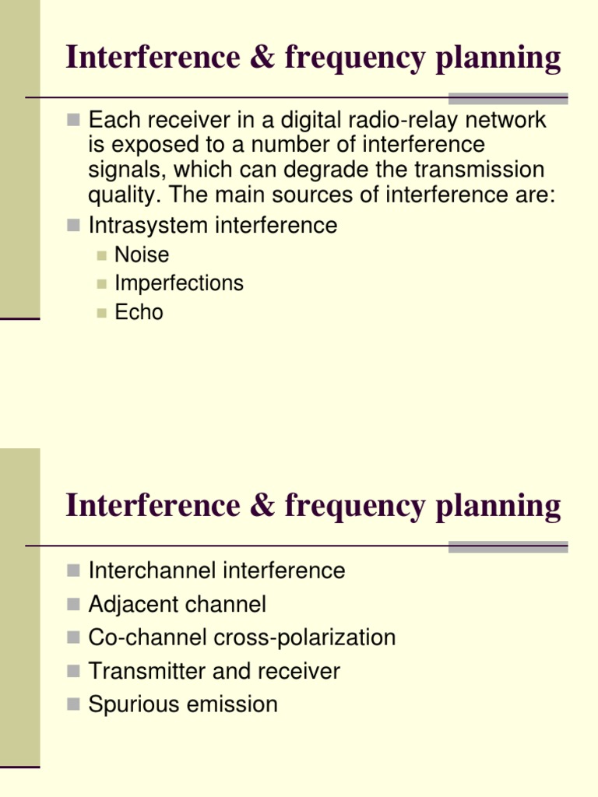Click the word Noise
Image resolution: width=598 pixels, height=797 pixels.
click(x=142, y=255)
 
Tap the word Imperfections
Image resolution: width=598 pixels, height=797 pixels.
click(x=179, y=283)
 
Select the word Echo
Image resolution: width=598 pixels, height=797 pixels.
click(x=139, y=312)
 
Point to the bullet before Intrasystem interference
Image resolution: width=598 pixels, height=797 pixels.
click(x=74, y=226)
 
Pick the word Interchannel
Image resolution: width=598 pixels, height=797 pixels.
click(x=153, y=571)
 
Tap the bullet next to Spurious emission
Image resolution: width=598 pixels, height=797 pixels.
click(x=74, y=704)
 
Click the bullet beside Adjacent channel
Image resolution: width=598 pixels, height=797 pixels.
click(x=74, y=604)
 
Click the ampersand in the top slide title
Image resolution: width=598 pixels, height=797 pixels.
click(x=263, y=58)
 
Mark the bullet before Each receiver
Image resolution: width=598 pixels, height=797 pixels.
click(x=74, y=121)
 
